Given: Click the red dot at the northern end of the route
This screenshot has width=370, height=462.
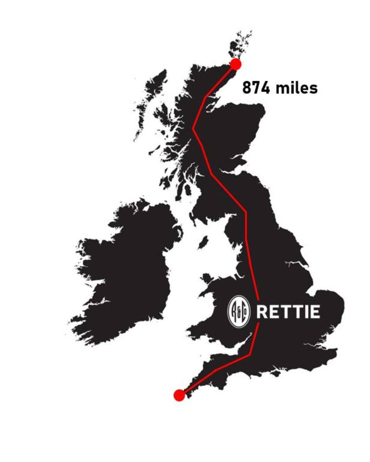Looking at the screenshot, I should [x=235, y=64].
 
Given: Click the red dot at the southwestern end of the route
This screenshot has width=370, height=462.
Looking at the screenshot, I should [x=179, y=395].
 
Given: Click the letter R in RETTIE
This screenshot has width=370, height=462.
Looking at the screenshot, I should [x=262, y=312].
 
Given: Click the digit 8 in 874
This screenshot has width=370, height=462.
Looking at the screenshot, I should [x=247, y=88].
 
